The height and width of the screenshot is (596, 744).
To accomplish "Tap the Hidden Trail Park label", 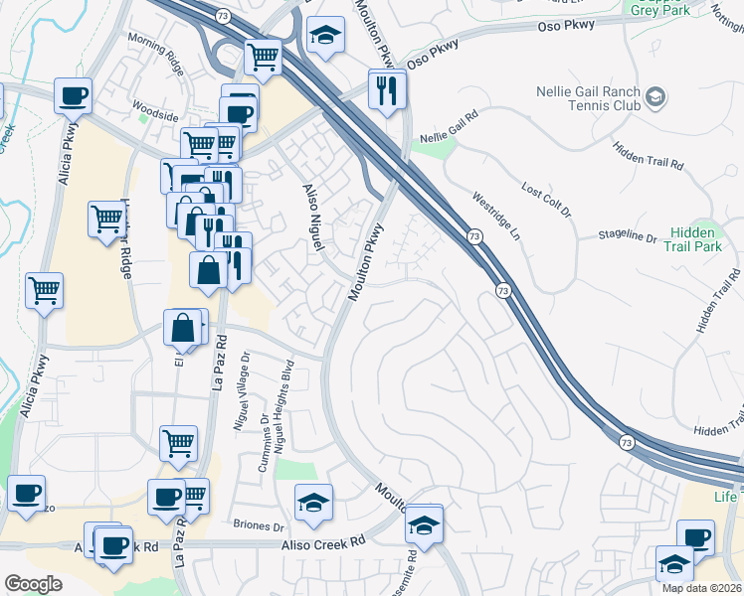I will (692, 237).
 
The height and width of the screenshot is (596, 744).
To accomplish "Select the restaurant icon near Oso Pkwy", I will (388, 90).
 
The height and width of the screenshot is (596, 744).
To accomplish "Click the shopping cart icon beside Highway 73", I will (264, 58).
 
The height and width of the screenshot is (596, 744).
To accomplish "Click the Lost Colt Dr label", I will (547, 199).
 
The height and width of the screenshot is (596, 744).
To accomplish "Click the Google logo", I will (34, 583).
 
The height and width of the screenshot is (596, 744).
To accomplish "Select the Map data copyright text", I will (701, 588).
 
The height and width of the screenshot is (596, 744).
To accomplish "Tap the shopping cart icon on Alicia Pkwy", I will (44, 291).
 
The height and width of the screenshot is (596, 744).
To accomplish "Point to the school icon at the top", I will (323, 38).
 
